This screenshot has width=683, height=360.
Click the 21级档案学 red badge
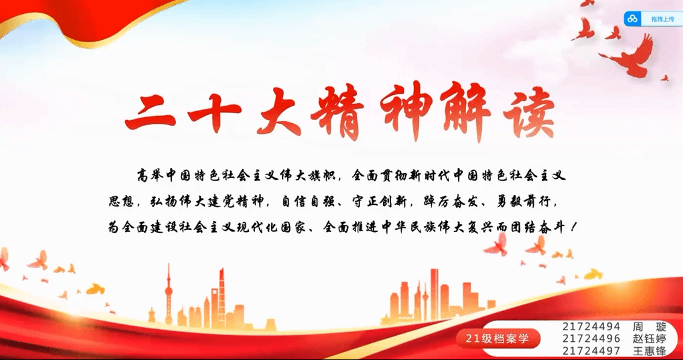498,339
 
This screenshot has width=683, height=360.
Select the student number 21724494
591,327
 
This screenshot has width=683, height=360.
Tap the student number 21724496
591,339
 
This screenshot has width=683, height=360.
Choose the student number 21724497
591,351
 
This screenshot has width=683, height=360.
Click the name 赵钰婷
649,339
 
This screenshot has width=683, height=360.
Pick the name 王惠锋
649,351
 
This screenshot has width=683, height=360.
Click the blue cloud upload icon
632,19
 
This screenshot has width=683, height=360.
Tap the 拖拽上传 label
662,19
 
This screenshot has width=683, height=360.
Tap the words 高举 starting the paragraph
150,176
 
